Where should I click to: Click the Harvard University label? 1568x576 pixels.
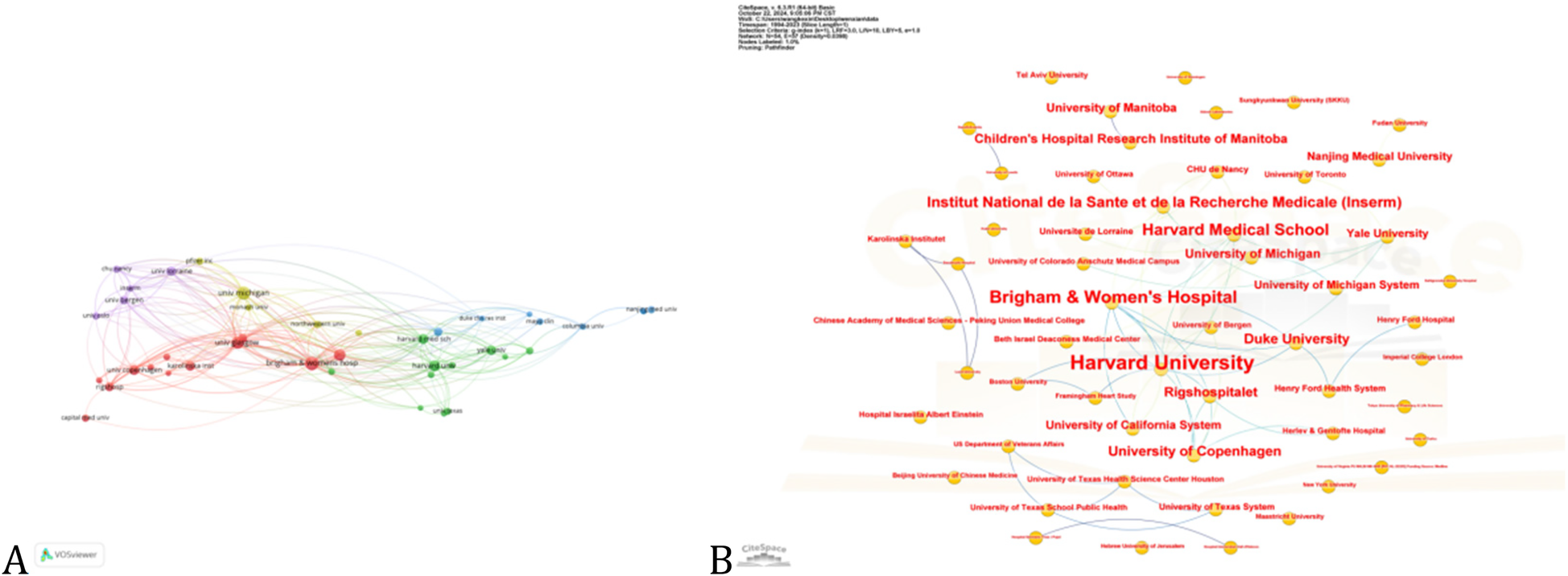[x=1162, y=363]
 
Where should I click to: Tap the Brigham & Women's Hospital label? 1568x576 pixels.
[x=1112, y=297]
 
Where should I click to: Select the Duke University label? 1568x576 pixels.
[x=1296, y=339]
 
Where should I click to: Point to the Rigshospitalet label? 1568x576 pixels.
[x=1211, y=392]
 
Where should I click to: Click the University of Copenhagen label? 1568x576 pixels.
[x=1194, y=451]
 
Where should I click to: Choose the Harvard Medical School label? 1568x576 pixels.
[x=1235, y=230]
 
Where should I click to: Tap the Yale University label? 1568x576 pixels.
[x=1387, y=233]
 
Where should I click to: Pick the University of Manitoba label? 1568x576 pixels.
[x=1111, y=108]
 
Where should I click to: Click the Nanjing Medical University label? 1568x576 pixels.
[x=1379, y=156]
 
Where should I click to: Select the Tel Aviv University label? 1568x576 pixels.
[x=1051, y=75]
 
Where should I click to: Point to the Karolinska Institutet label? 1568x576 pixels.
[x=906, y=239]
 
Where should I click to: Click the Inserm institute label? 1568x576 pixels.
[x=1163, y=202]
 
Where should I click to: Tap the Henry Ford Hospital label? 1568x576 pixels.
[x=1415, y=319]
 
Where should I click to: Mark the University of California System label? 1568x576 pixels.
[x=1133, y=425]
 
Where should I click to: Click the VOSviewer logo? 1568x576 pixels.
[x=69, y=554]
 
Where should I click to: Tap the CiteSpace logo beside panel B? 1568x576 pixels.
[x=763, y=553]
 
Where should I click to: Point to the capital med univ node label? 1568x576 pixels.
[x=85, y=418]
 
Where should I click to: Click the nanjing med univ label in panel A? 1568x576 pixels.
[x=651, y=309]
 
